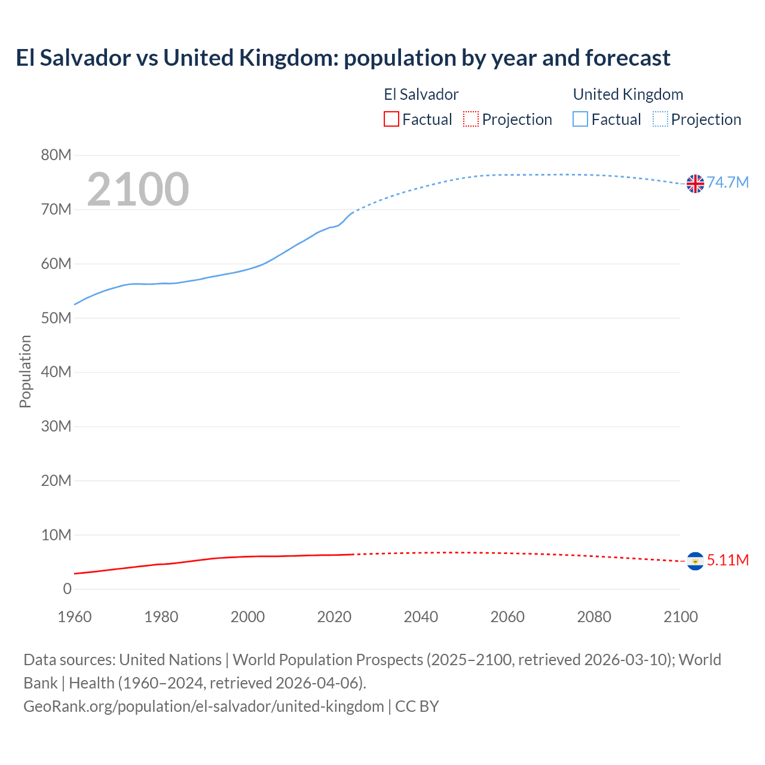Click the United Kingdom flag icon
(x=695, y=183)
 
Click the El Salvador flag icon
(x=695, y=561)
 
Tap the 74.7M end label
(x=727, y=182)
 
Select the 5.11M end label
(x=727, y=560)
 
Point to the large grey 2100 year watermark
(x=138, y=189)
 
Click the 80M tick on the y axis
(x=56, y=155)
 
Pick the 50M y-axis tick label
(x=56, y=318)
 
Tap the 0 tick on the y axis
(x=67, y=589)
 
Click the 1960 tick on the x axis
(x=75, y=617)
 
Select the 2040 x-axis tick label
(x=421, y=617)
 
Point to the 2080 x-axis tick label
(x=594, y=617)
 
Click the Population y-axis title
(x=25, y=371)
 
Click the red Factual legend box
(x=391, y=119)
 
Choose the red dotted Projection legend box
(x=471, y=119)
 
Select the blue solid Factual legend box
(x=580, y=119)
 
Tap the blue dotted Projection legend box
(x=660, y=119)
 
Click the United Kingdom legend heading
(x=628, y=94)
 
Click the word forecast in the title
(x=628, y=58)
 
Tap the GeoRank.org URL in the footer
(x=203, y=706)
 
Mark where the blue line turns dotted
(x=354, y=212)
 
